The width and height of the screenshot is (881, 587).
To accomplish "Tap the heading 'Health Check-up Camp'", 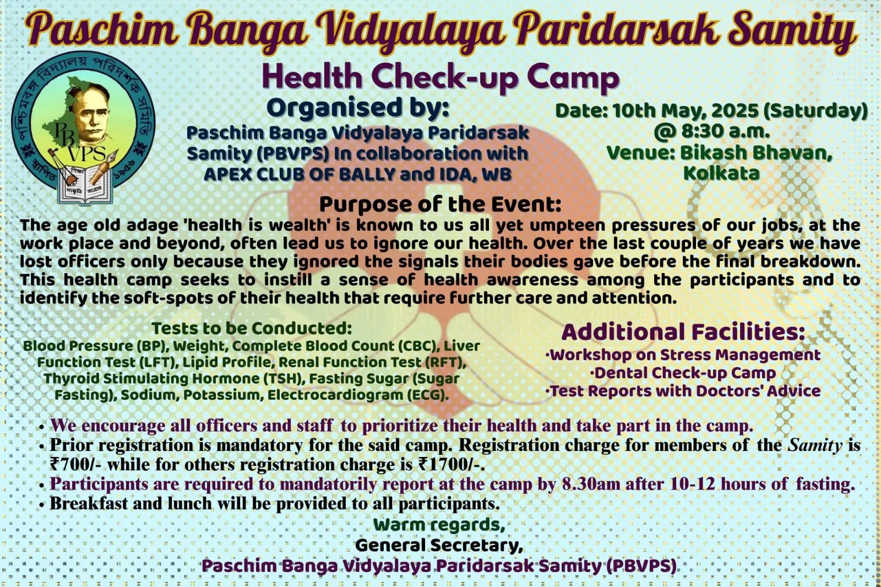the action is click(440, 78).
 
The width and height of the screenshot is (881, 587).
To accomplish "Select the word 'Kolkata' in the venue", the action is click(721, 173).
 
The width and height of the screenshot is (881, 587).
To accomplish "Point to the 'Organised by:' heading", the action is click(357, 107).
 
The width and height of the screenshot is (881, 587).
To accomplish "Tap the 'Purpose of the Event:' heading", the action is click(440, 204).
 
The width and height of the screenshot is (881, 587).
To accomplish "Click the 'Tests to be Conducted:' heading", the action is click(252, 328).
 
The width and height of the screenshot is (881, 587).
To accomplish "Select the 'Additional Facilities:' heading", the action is click(683, 332).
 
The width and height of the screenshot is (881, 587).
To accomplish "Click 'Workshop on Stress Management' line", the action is click(683, 355).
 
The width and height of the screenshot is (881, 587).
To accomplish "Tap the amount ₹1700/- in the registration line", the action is click(451, 465).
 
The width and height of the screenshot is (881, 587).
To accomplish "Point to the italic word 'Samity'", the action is click(815, 445).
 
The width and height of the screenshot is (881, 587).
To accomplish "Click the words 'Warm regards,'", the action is click(439, 525).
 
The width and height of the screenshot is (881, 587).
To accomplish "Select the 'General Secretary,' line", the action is click(439, 545).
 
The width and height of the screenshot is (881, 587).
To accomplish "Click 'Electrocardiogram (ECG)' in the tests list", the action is click(358, 395).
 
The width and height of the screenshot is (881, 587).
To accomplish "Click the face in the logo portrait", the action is click(91, 113).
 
